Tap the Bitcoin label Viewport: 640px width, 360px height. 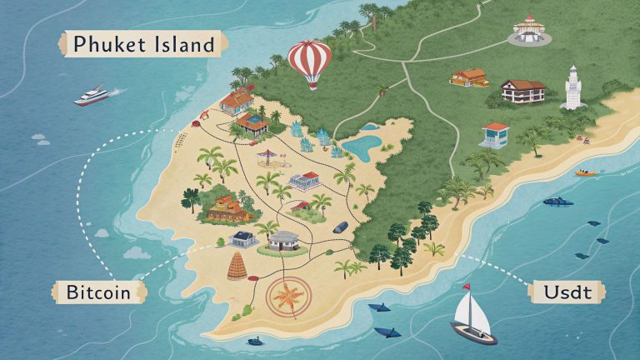(98, 292)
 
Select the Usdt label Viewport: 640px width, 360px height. (566, 292)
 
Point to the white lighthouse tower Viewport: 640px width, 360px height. (572, 87)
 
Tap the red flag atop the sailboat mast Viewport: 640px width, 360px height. (466, 288)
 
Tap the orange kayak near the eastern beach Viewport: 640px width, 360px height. (587, 173)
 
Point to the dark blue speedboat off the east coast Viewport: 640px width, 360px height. (557, 201)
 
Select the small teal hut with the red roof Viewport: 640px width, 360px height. (494, 133)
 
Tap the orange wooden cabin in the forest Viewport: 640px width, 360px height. (468, 77)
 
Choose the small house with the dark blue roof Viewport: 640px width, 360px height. (243, 238)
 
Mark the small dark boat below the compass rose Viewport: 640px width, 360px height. (253, 341)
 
